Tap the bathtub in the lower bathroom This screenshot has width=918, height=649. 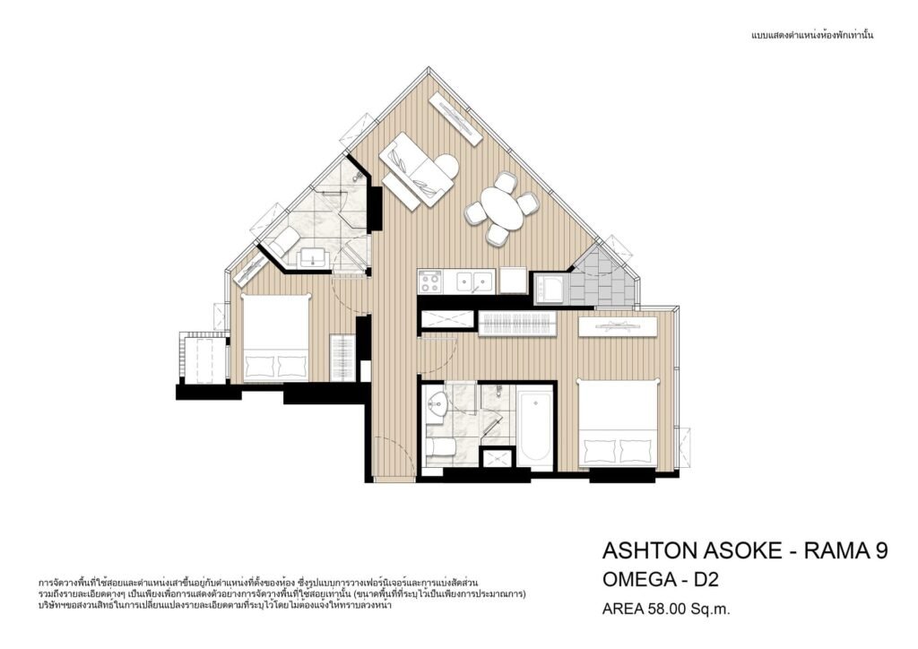[534, 427]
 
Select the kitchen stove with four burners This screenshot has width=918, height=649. [430, 282]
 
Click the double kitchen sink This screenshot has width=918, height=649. [470, 281]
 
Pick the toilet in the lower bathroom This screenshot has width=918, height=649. [440, 447]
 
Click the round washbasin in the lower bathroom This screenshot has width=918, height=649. [436, 403]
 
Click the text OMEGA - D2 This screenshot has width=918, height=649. [661, 580]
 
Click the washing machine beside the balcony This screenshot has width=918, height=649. [550, 289]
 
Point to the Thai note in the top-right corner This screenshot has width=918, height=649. [812, 35]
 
